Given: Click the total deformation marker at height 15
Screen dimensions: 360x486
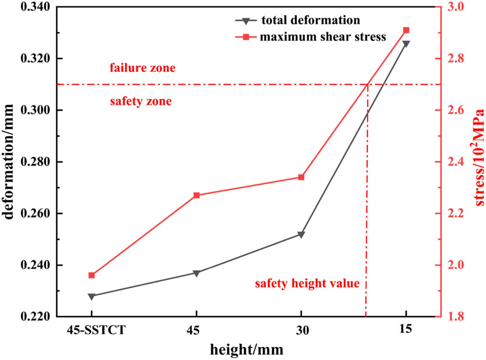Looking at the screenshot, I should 406,43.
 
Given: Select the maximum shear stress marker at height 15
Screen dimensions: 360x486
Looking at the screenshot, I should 406,30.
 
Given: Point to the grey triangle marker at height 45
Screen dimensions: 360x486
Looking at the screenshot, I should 196,273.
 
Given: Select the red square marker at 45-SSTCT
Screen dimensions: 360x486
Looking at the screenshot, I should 92,275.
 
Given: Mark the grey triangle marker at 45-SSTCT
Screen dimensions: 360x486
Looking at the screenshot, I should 92,296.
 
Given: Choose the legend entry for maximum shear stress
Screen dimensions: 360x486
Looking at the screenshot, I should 324,36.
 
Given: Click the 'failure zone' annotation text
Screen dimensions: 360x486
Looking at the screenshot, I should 143,68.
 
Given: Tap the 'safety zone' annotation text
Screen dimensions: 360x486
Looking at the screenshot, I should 140,102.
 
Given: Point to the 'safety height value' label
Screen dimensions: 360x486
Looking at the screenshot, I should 307,284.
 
